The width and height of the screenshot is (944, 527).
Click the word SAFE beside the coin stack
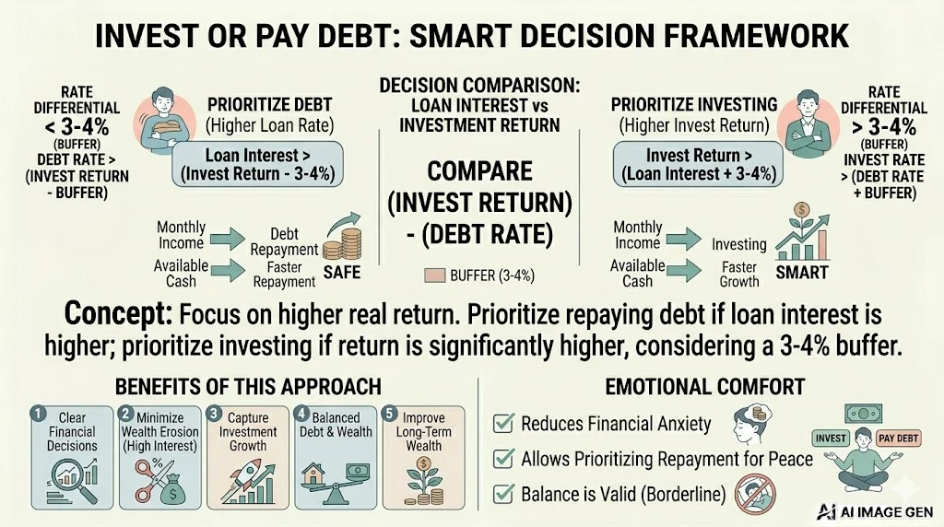pyautogui.click(x=340, y=273)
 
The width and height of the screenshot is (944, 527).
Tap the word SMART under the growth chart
pyautogui.click(x=802, y=273)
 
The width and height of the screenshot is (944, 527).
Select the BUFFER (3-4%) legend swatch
pyautogui.click(x=434, y=275)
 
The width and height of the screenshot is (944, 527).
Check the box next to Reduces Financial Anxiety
pyautogui.click(x=503, y=424)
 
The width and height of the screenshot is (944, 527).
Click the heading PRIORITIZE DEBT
pyautogui.click(x=269, y=104)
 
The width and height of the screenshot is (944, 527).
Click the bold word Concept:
pyautogui.click(x=117, y=315)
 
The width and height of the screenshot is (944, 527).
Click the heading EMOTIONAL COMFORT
pyautogui.click(x=705, y=386)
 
